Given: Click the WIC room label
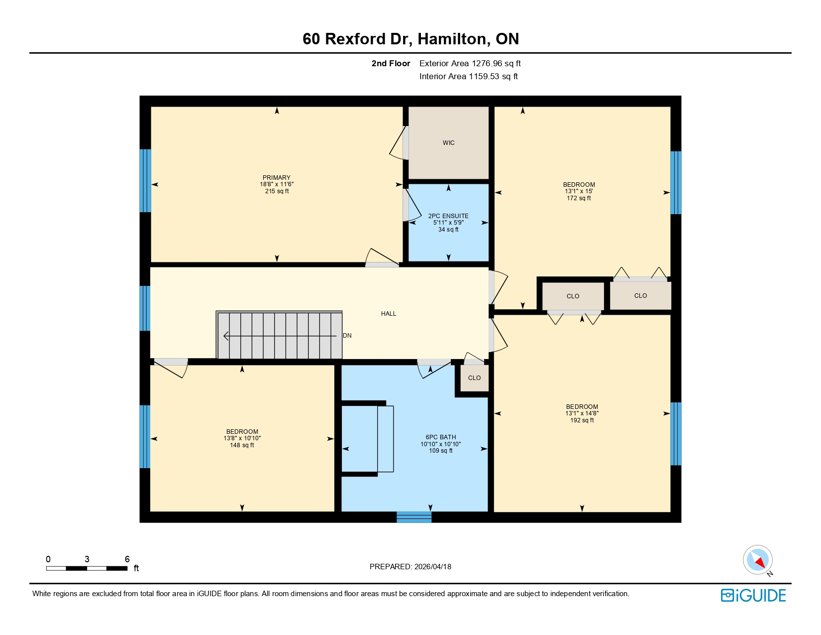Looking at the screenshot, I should coord(448,143).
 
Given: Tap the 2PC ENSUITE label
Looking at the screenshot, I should coord(448,216).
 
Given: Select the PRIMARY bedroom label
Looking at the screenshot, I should coord(277,178).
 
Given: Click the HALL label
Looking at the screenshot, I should coord(389,314).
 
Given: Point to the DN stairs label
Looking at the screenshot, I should coord(347,336).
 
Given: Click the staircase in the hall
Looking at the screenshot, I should coord(279,335).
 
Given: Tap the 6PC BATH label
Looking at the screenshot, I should coord(441,437).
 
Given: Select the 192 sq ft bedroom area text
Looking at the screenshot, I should coord(582,420).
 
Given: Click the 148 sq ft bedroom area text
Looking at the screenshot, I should coord(242,445).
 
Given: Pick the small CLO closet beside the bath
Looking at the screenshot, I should coord(474,378).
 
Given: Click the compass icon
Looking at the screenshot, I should coord(757,560).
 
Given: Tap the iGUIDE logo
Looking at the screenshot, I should coord(753,596).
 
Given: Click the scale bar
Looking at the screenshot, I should coord(87,568).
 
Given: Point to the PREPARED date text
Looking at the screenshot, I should coord(410,567).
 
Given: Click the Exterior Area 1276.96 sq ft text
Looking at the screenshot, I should coord(470,63).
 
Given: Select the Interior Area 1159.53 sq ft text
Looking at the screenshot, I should coord(468,76).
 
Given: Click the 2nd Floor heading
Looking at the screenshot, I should coord(391,63).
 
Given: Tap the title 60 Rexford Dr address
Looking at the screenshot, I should coord(410,39).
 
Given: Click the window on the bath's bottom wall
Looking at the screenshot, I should coord(414,517).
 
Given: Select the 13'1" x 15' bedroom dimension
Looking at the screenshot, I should coord(579,191).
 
